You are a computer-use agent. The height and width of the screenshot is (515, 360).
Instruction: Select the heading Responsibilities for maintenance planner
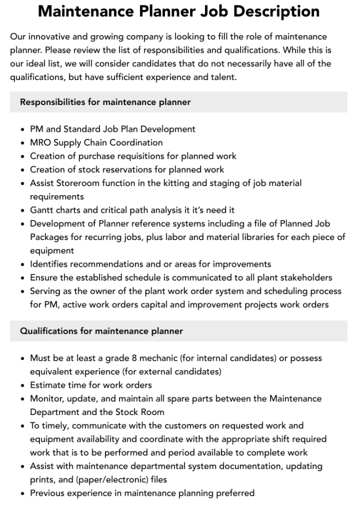[x=105, y=102]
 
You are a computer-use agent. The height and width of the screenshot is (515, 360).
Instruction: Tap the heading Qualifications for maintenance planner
[x=101, y=331]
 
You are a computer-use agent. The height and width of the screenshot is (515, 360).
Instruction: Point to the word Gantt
[x=42, y=210]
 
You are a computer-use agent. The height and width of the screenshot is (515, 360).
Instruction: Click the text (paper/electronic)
[x=111, y=479]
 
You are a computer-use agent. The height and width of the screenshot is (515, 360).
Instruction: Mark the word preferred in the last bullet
[x=234, y=493]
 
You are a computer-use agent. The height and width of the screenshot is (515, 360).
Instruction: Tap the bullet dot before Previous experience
[x=22, y=493]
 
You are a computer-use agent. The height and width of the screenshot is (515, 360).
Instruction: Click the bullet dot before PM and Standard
[x=22, y=129]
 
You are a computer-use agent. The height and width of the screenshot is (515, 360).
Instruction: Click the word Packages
[x=50, y=237]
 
